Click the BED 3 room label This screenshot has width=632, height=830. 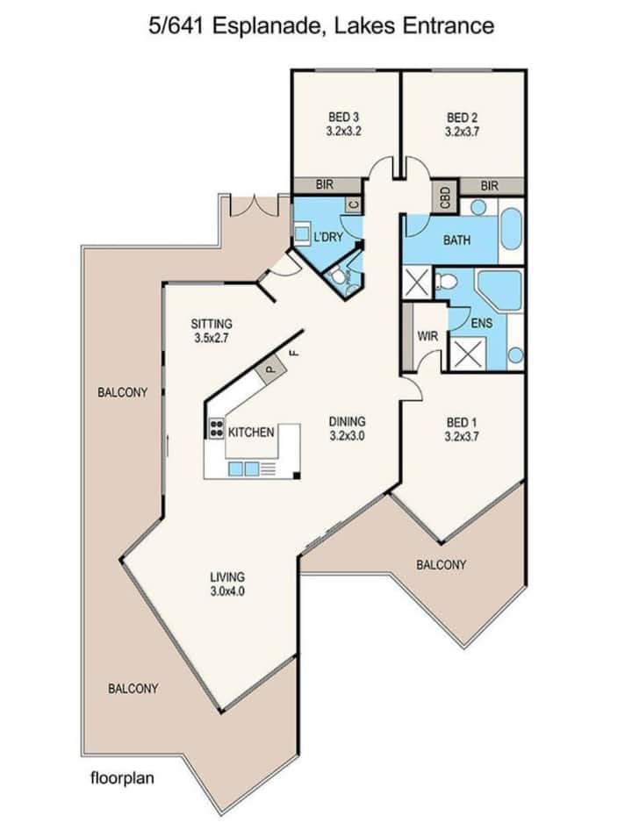coord(344,124)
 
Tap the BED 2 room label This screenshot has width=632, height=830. coord(462,125)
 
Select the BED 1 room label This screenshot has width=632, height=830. coord(462,429)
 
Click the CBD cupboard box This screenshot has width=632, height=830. coord(445,197)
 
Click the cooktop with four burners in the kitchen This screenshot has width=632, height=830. coord(216,427)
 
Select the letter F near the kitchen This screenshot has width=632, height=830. coord(295,352)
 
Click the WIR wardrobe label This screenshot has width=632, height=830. coord(428,336)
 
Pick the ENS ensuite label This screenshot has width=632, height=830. coord(482,322)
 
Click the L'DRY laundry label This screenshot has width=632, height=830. coord(328,237)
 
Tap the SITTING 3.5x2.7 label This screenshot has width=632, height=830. coord(212,330)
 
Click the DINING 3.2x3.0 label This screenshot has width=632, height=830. coord(347,428)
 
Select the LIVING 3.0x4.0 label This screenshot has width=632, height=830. coord(227,583)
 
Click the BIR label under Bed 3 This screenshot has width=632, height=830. coord(324,185)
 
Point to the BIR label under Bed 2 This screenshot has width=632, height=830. coord(490,186)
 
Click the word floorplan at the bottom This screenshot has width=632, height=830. coord(122,778)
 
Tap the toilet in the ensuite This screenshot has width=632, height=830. coord(446,281)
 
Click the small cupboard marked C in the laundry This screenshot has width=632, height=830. coord(354,204)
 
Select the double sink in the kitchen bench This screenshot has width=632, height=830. coord(244,469)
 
